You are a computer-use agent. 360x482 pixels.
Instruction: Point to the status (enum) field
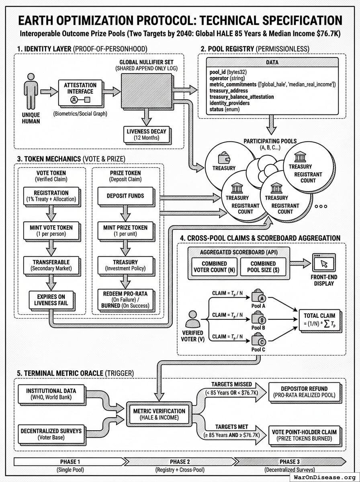click(x=225, y=109)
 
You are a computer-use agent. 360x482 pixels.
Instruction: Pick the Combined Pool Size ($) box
click(x=263, y=267)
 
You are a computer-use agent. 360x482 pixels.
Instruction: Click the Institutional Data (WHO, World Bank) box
click(x=51, y=393)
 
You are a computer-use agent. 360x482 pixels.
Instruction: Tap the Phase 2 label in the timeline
click(x=180, y=461)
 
